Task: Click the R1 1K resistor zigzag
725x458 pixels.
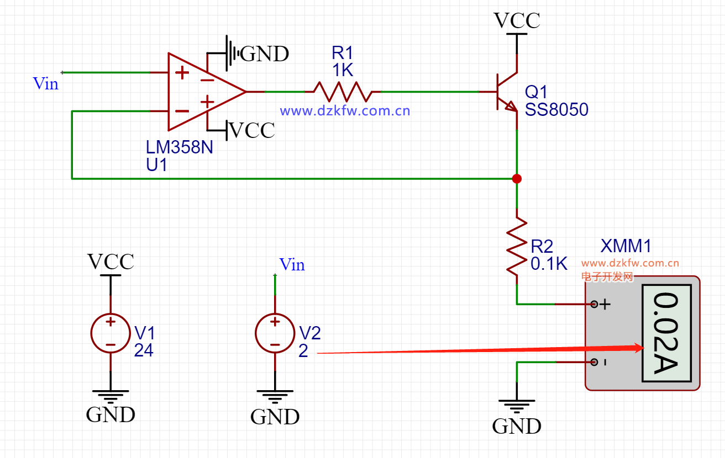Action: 343,92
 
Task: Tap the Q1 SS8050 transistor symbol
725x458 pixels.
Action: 507,92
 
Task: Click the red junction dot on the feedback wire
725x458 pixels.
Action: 517,179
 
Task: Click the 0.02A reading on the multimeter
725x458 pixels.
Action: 666,333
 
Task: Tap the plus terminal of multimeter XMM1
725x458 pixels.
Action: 594,304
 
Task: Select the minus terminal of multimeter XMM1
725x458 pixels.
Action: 594,362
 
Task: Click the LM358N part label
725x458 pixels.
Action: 179,147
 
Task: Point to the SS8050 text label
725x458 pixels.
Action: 556,110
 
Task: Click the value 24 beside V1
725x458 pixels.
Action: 144,350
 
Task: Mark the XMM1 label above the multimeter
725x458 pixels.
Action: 626,246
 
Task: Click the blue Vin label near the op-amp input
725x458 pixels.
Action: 46,83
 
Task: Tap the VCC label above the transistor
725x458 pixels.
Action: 517,20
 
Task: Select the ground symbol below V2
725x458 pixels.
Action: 275,397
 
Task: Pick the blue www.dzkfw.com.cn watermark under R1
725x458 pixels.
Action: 345,111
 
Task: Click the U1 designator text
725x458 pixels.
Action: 156,165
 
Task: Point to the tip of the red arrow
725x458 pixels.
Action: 644,348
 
